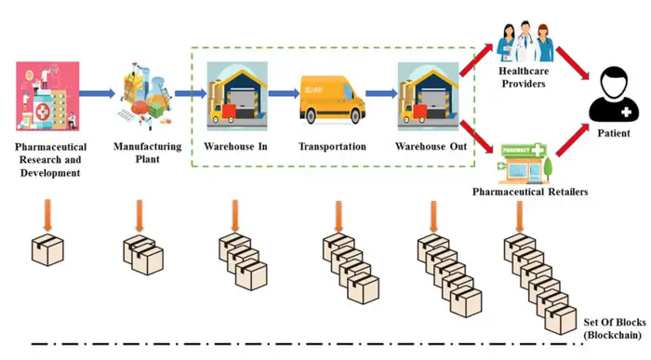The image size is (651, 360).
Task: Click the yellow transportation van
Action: tap(332, 100)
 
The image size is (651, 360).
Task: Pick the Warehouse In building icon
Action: tap(235, 93)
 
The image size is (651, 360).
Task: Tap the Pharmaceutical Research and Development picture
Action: tap(45, 96)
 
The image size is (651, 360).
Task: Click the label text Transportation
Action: tap(332, 147)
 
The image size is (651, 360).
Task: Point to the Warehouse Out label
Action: tap(429, 147)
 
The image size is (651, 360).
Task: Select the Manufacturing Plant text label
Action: tap(141, 153)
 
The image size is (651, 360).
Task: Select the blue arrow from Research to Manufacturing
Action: tap(97, 93)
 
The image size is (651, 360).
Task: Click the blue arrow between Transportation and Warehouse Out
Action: tap(379, 93)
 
